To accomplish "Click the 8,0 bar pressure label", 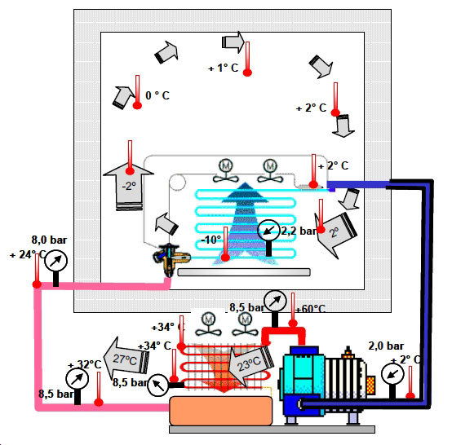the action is [x=49, y=240].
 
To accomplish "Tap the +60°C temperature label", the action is [x=310, y=309].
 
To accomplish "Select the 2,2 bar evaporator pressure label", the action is [x=299, y=231].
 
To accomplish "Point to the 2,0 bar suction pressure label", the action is [x=386, y=346].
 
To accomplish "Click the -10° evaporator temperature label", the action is [x=210, y=240].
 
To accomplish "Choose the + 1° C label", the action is [x=223, y=68].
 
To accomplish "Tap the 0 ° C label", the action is [x=157, y=95].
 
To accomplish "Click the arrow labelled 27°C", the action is [x=126, y=359].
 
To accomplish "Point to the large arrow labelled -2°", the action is [x=129, y=186].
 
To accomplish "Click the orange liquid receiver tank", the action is [x=221, y=411].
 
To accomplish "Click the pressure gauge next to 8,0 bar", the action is [x=56, y=261].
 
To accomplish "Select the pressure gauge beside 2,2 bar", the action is [x=268, y=231].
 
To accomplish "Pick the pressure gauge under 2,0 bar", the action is [x=392, y=374].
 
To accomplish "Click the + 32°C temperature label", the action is [x=85, y=364].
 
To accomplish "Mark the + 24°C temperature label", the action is [x=28, y=254].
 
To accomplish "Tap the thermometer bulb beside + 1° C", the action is [x=247, y=73].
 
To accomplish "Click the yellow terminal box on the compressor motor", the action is [x=370, y=385].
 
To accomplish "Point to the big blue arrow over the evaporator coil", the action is [x=245, y=223].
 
